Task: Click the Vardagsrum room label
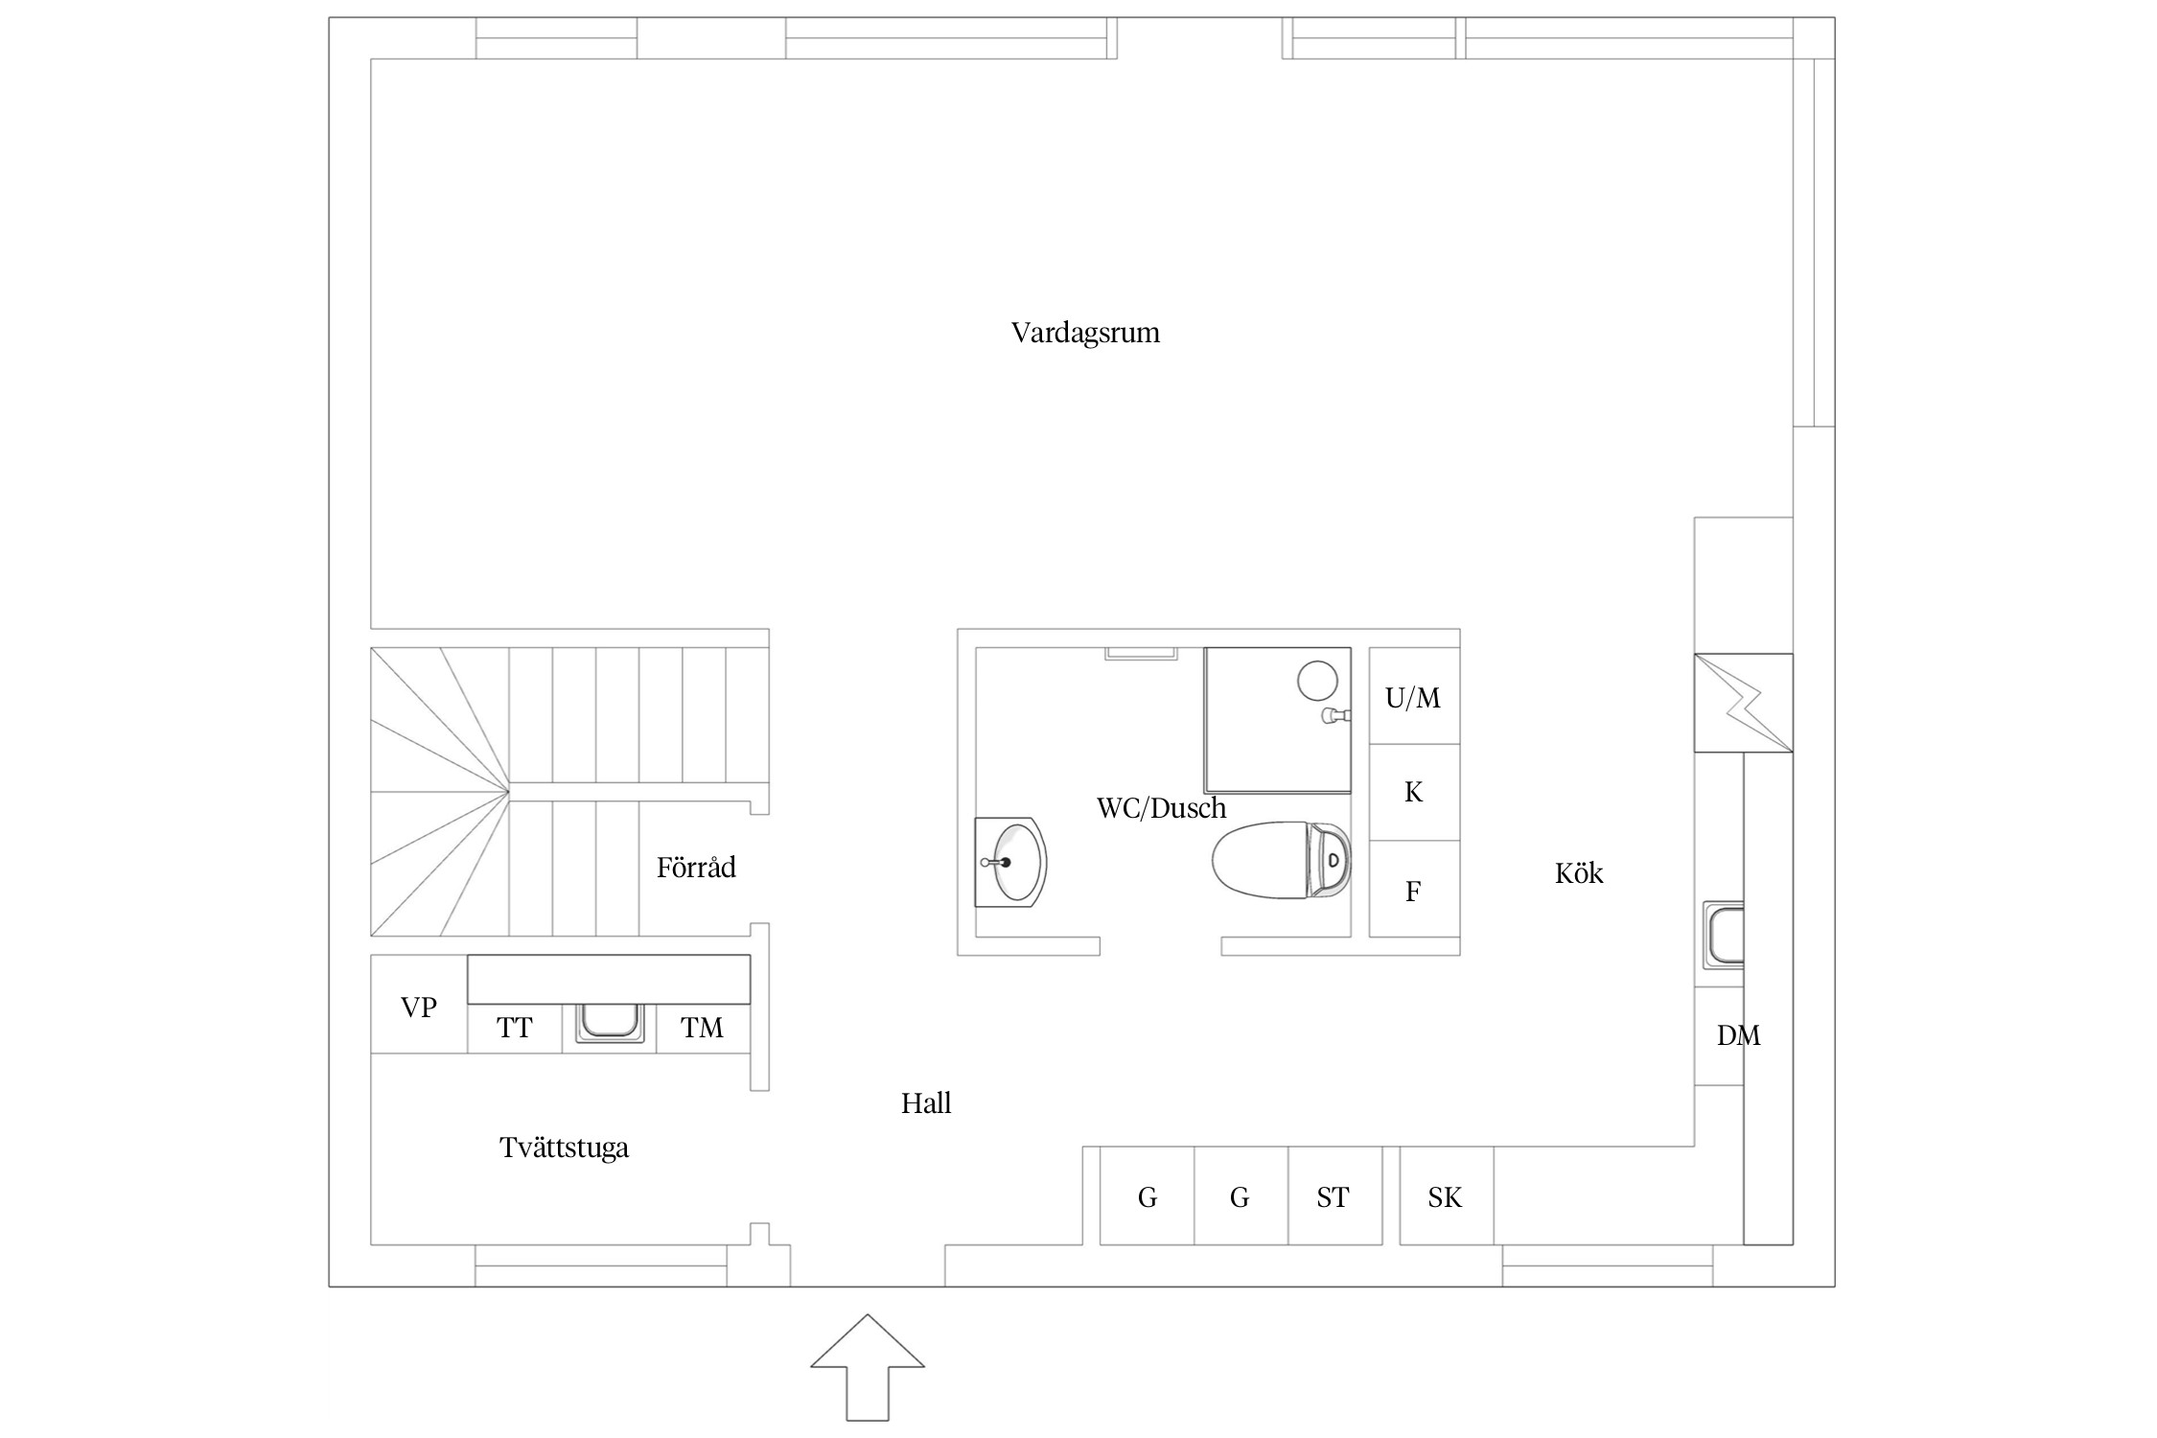pos(1085,333)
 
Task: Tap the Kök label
pos(1579,873)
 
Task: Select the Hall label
pos(926,1103)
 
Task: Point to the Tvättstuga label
pos(564,1148)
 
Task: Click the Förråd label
pos(696,868)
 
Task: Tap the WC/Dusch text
pos(1161,808)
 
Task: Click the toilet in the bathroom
pos(1282,860)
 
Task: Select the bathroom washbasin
pos(1010,862)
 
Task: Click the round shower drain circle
pos(1317,680)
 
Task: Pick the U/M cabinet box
pos(1414,696)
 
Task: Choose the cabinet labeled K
pos(1414,793)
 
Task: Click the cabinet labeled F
pos(1414,890)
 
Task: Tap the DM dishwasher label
pos(1738,1035)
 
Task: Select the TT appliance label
pos(515,1029)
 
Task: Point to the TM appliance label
pos(702,1029)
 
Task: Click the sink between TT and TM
pos(610,1024)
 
